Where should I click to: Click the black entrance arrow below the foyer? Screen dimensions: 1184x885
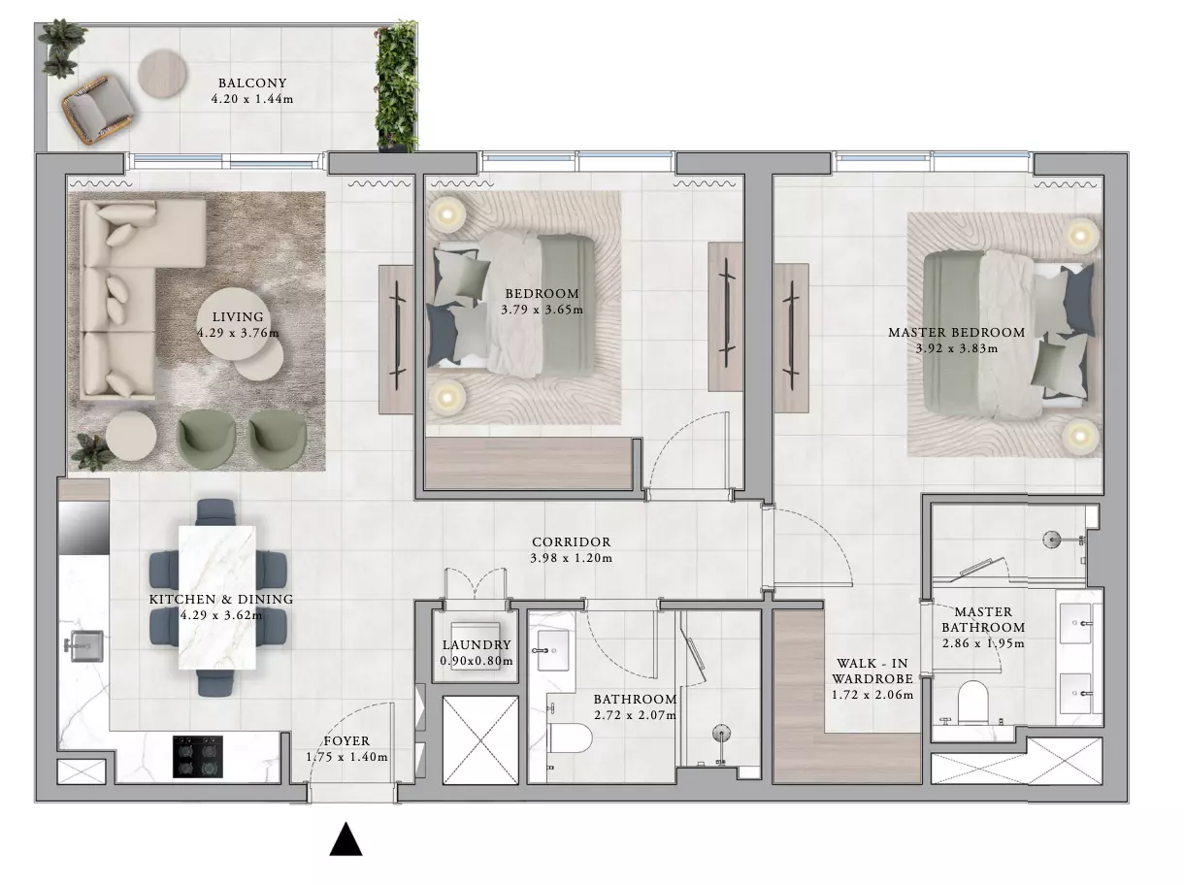(x=345, y=839)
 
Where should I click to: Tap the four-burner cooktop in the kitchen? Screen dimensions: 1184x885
(x=197, y=757)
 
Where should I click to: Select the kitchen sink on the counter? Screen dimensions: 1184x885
(x=84, y=645)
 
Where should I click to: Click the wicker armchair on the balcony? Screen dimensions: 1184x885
(x=99, y=111)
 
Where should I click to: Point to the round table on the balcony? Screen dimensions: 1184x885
(x=163, y=74)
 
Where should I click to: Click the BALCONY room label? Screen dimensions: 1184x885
(x=252, y=83)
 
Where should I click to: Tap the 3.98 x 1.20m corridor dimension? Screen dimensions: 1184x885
(x=572, y=558)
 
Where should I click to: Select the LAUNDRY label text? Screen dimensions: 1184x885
(x=477, y=644)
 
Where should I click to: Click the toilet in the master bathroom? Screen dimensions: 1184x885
(x=972, y=703)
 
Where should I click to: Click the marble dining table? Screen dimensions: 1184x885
(x=216, y=597)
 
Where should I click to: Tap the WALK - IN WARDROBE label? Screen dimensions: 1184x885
(x=872, y=671)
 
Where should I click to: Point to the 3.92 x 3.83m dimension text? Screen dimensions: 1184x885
(x=957, y=348)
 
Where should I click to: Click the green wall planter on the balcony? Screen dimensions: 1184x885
(x=398, y=86)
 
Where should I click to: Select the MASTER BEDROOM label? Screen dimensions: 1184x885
(x=957, y=332)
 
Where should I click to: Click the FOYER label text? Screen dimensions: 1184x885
(x=346, y=741)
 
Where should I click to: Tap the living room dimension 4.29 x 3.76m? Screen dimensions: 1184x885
(x=238, y=333)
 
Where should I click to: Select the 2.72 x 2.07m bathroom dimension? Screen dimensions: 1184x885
(x=635, y=715)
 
